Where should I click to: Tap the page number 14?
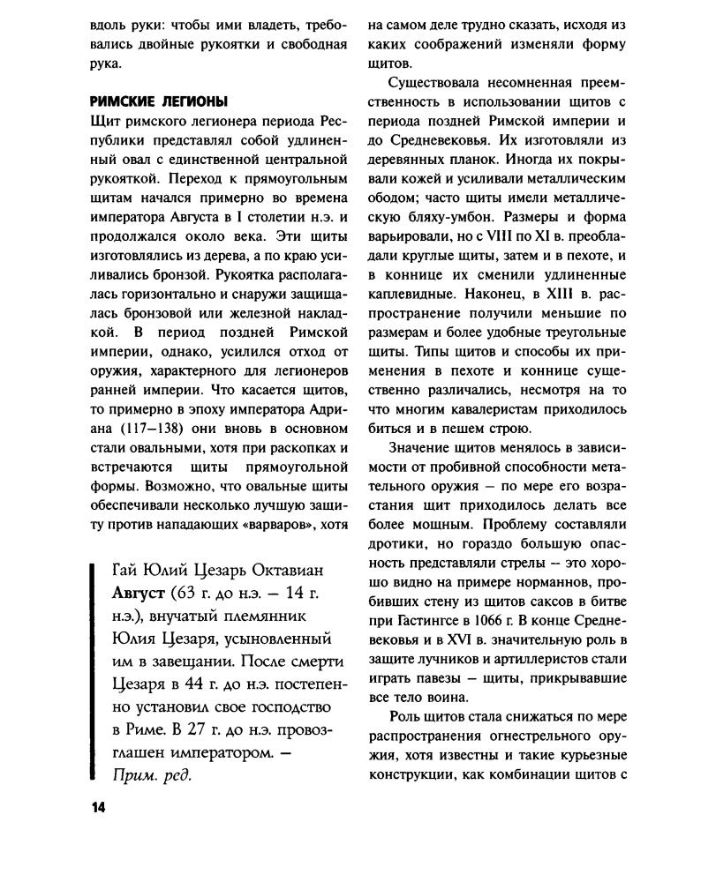pyautogui.click(x=97, y=810)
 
